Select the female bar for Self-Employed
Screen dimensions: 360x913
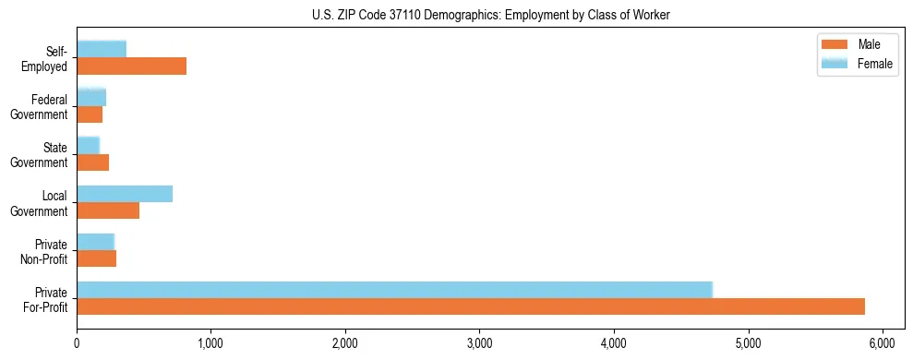point(102,49)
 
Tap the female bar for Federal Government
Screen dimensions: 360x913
point(91,97)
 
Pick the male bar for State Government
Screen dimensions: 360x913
point(92,162)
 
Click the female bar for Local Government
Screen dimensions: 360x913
point(125,194)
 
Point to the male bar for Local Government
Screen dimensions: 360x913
point(108,210)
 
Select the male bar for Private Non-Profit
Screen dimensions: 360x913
point(96,258)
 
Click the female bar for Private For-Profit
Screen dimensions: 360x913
point(394,290)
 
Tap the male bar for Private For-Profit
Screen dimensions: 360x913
point(471,306)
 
